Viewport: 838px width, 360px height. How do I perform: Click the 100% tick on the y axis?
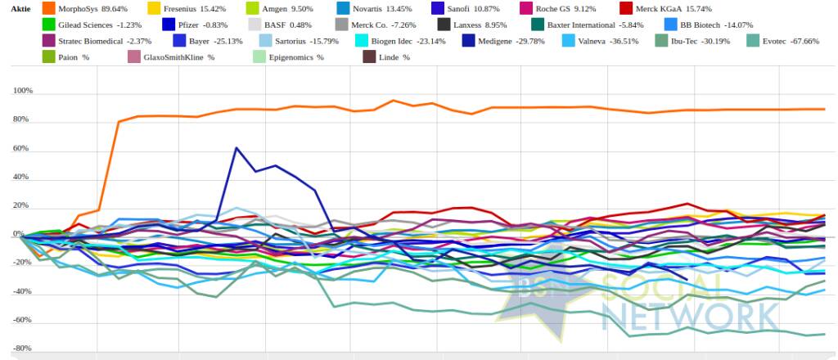(22, 92)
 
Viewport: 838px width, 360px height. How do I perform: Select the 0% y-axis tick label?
(27, 235)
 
